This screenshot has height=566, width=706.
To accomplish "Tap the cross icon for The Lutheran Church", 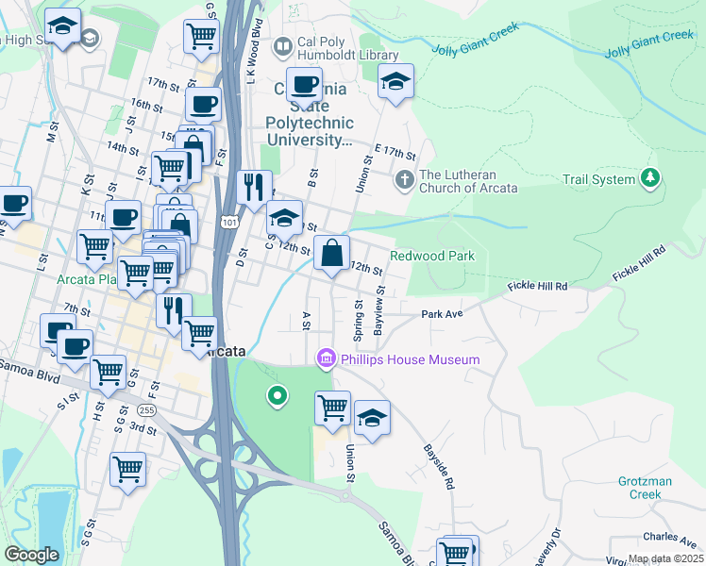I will point(405,179).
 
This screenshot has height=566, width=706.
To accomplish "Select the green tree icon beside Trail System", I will point(649,177).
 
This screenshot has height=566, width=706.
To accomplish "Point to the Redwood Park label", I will point(431,256).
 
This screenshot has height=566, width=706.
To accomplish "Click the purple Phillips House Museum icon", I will point(327,358).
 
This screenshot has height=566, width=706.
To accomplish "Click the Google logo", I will point(31,555).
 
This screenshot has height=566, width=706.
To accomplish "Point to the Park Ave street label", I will point(442,314).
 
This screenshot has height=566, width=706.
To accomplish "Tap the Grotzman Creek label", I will point(646,488).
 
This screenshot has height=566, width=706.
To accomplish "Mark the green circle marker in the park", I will point(277,396).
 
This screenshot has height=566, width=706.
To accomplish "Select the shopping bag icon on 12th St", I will point(332,254).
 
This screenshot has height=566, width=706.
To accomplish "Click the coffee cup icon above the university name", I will point(304,85).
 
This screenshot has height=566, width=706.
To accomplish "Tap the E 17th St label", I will point(395,151).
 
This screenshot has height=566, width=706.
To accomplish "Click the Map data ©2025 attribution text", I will point(666,558).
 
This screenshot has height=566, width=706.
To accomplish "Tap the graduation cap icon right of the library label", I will point(395,82).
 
